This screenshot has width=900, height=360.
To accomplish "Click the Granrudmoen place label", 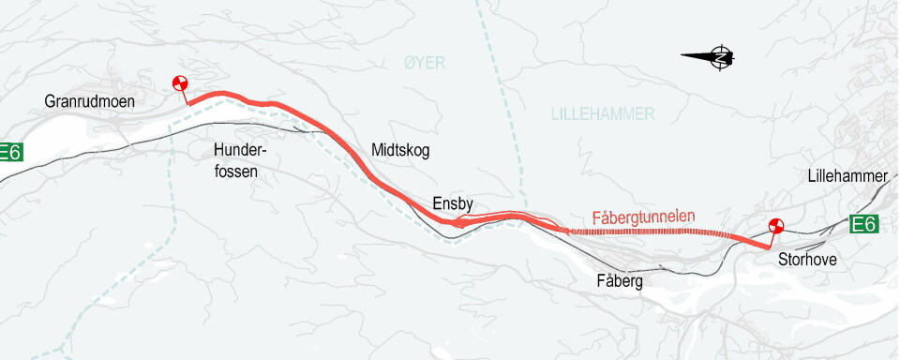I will coord(89,101).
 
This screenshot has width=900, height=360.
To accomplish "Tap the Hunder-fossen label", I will coord(241,160).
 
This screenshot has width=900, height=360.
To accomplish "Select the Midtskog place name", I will coord(400,150).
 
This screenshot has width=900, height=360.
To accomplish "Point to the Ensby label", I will coord(454,203).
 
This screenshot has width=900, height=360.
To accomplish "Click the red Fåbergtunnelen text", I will coord(643,217).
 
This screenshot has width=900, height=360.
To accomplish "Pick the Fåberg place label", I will coord(619,280).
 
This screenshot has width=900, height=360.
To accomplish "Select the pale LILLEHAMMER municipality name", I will coord(603,113).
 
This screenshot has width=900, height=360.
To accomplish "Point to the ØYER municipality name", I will coord(425,63).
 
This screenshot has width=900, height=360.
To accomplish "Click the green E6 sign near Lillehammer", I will coord(864,224).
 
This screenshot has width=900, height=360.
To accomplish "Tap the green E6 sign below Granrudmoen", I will coord(9,152).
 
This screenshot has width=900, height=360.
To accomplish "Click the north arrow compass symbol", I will coord(720,57).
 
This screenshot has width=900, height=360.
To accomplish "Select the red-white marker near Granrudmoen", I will coord(180,83).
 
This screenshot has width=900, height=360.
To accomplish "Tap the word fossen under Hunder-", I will coord(234,172).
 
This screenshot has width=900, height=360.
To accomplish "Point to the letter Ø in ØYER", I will coord(410,63).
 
